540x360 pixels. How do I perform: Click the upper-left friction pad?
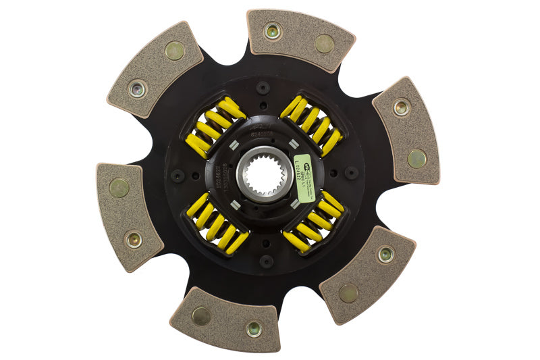point(155,70)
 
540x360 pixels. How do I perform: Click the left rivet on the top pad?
point(273,30)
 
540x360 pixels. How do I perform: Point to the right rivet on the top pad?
point(324,43)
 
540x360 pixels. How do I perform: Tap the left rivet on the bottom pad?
point(201,315)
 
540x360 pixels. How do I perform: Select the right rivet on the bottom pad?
point(253,329)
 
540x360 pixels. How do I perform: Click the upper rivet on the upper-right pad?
point(402,106)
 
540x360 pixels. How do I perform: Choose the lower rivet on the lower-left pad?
point(134,238)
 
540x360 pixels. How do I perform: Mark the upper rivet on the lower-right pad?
point(385,254)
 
